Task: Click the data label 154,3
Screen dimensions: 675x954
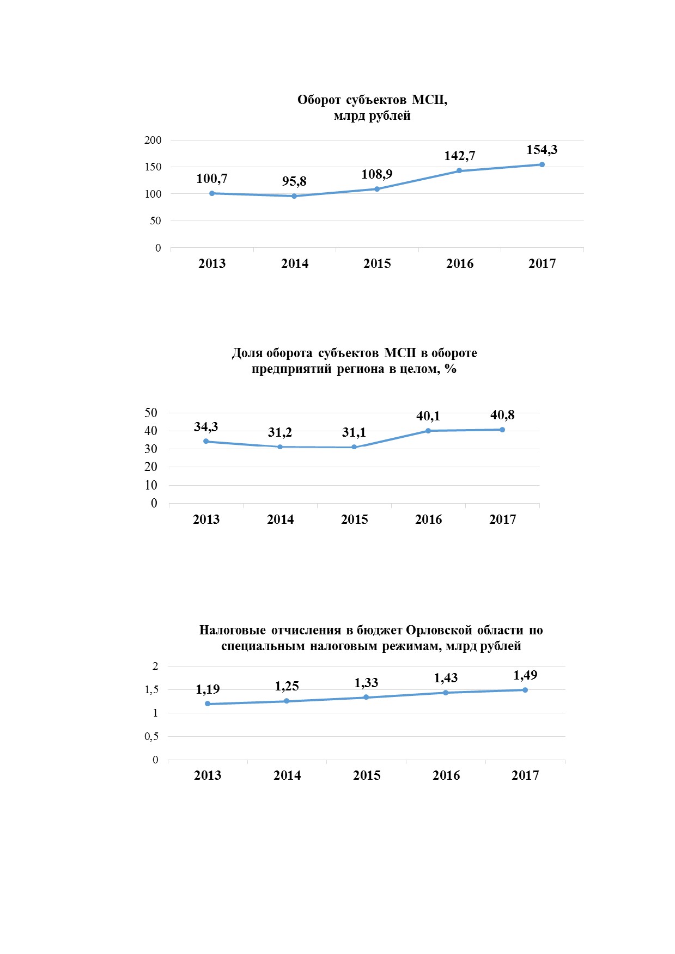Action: (542, 150)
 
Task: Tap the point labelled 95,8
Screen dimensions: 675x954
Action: (294, 196)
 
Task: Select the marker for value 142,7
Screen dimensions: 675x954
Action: (459, 170)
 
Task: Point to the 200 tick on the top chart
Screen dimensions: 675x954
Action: (153, 140)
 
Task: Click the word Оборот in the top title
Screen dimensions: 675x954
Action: (319, 100)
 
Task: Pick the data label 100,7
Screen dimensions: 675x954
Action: (212, 179)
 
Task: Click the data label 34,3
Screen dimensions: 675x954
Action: (206, 427)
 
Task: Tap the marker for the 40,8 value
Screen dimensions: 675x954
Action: (502, 430)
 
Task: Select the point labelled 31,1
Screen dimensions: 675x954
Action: (354, 447)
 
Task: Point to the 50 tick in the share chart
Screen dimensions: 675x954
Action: (151, 413)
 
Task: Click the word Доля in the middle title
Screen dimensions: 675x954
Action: (247, 353)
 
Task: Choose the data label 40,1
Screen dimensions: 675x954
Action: (428, 417)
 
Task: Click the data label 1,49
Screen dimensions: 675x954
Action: (525, 676)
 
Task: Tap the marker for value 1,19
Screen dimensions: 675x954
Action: (208, 704)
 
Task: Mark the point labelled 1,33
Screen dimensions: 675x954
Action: (366, 698)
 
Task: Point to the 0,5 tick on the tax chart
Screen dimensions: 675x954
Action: (151, 737)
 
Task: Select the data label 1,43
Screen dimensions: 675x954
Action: (446, 678)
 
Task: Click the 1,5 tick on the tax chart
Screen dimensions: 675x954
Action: (151, 690)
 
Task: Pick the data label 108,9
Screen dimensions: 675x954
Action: (377, 174)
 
